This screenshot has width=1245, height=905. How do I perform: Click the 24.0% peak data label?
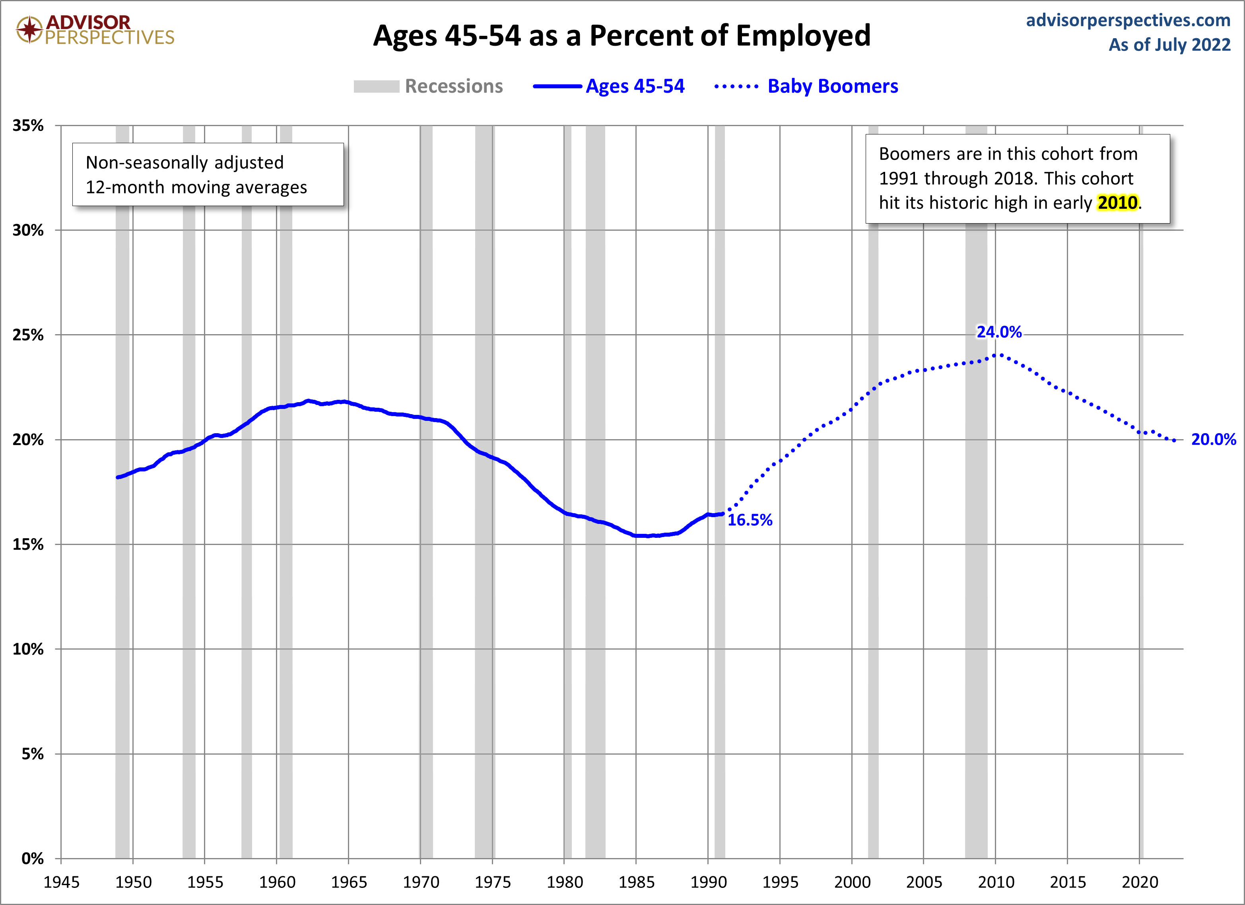coord(998,332)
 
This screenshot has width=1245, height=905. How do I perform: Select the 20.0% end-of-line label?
coord(1213,439)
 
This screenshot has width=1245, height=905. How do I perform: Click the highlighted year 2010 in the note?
coord(1117,202)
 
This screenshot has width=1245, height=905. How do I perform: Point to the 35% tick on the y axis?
coord(28,125)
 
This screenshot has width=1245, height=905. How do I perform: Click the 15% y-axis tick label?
coord(28,544)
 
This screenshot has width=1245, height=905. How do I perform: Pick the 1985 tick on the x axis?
coord(636,882)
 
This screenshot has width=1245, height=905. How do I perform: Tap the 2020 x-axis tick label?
coord(1140,882)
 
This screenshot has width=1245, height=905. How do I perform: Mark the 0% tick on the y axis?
coord(32,858)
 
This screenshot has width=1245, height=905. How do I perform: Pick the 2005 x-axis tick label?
coord(924,882)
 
